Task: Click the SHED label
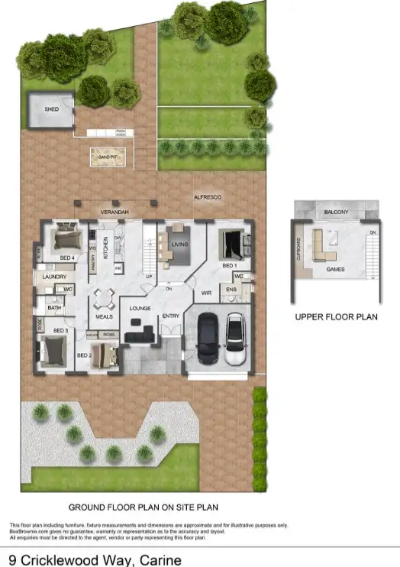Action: (51, 110)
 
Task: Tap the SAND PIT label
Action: (106, 157)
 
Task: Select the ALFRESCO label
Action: (206, 198)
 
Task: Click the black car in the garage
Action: (208, 339)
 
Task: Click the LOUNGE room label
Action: (139, 309)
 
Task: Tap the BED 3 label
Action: (62, 330)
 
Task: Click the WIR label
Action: (205, 291)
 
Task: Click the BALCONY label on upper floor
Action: (336, 212)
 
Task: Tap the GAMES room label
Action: (335, 269)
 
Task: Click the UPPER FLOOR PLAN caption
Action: (336, 316)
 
